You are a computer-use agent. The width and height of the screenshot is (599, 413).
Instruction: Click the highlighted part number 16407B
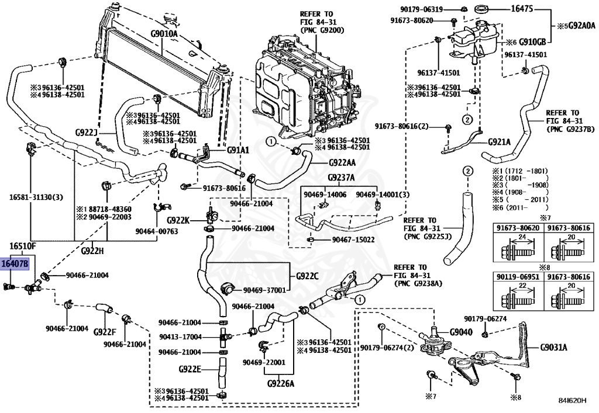coord(15,264)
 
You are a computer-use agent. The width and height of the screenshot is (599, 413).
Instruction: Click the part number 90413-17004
coord(181,337)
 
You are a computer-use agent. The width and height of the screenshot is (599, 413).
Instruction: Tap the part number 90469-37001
coord(264,290)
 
